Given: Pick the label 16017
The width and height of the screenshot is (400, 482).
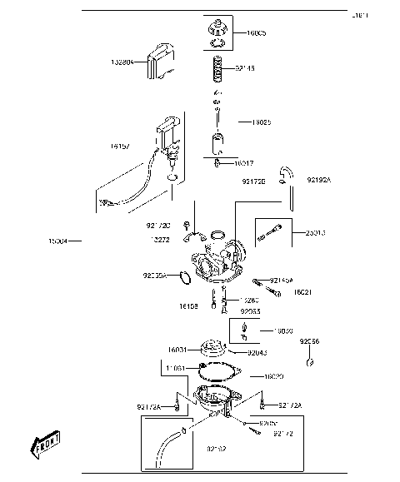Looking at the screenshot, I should pyautogui.click(x=244, y=163).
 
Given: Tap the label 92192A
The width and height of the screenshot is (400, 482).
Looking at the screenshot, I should pyautogui.click(x=319, y=179).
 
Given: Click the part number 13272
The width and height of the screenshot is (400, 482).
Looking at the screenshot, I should pyautogui.click(x=160, y=239).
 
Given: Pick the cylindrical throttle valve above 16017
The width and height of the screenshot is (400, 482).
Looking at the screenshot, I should pyautogui.click(x=218, y=143).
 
